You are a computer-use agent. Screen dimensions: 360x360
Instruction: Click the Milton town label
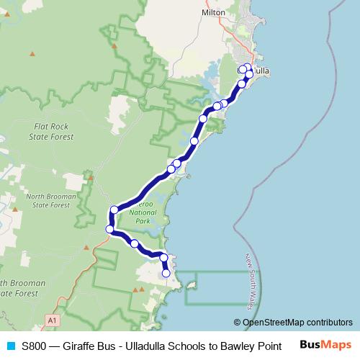point(214,12)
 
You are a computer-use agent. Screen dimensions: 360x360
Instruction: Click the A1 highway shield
point(52,318)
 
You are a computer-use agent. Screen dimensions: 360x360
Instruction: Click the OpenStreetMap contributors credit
point(293,323)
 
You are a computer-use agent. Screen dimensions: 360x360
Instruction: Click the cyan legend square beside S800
point(9,346)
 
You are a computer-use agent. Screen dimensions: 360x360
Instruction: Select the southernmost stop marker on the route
point(166,273)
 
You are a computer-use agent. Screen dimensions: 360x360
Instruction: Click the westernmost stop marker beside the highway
point(110,230)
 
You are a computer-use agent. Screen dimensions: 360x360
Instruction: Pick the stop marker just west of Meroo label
point(114,210)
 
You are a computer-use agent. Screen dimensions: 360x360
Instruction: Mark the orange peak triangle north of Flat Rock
point(32,54)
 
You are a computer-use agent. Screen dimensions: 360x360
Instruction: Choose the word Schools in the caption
point(186,346)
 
